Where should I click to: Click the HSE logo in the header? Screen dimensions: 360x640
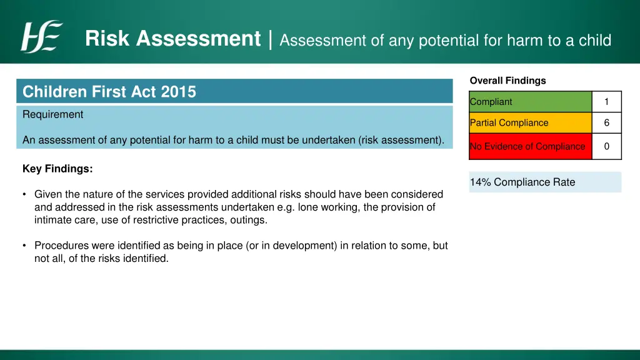coord(41,37)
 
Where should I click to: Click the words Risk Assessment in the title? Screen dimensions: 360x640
coord(172,39)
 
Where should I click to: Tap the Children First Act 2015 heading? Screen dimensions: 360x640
coord(109,92)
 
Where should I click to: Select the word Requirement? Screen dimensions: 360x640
coord(52,114)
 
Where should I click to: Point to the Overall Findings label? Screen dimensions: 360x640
coord(507,81)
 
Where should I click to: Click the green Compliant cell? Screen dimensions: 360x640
coord(530,102)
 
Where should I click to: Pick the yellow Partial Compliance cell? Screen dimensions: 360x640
coord(530,123)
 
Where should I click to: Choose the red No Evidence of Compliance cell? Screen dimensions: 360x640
coord(530,146)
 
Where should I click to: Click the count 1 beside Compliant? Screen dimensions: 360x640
coord(606,102)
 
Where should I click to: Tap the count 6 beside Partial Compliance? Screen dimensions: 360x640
coord(606,123)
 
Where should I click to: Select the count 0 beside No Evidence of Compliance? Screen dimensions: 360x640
coord(606,146)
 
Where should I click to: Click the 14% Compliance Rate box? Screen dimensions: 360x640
coord(545,182)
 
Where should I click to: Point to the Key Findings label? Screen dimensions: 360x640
coord(57,169)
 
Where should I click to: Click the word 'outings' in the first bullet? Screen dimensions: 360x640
coord(248,220)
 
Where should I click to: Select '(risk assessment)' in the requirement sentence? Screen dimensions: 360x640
coord(401,140)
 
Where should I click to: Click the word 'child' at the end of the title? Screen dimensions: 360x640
coord(596,41)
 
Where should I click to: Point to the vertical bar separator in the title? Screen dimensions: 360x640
coord(270,39)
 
